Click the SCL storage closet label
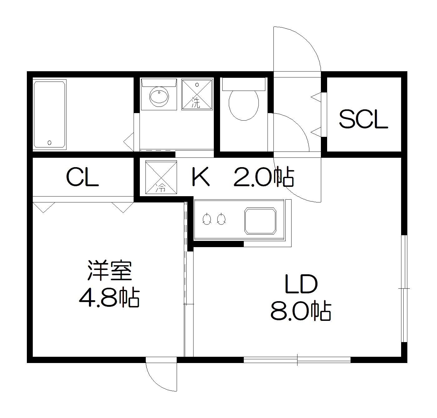click(363, 119)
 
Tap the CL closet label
click(82, 177)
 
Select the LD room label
click(301, 284)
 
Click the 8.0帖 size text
click(300, 311)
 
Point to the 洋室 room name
click(109, 271)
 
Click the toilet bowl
click(244, 105)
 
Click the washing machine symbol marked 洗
click(197, 94)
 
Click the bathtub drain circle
click(49, 143)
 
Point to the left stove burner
click(206, 219)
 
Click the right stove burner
click(221, 219)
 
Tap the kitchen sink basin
click(260, 221)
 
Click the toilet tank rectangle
click(243, 84)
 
